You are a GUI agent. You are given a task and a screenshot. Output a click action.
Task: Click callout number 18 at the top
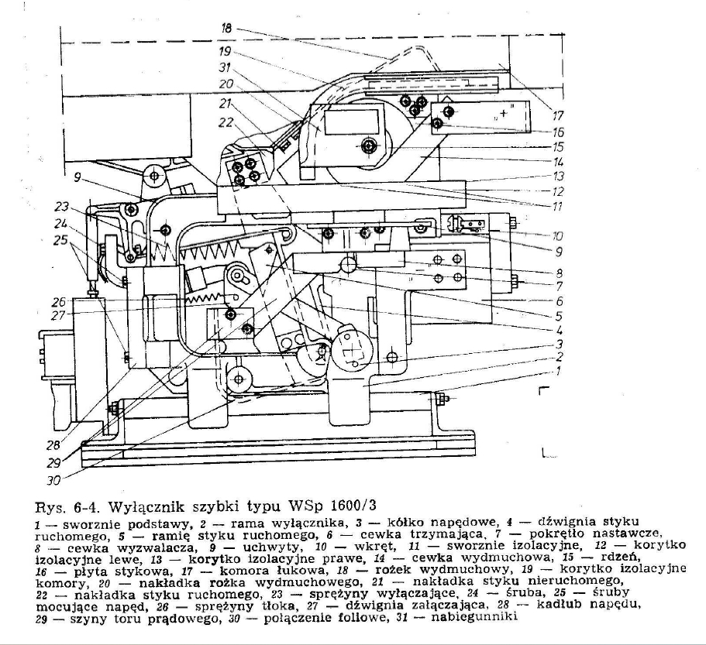[226, 29]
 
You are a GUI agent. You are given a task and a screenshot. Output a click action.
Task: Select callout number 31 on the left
[225, 67]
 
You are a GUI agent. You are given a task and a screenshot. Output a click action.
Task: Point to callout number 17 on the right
[558, 115]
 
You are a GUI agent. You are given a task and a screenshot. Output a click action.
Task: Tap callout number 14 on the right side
[558, 162]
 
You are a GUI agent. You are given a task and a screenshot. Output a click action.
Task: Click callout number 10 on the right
[557, 235]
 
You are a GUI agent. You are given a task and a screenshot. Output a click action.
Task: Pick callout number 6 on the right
[560, 301]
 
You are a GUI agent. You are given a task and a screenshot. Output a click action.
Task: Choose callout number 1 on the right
[559, 371]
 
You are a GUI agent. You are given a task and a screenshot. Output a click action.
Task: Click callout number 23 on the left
[62, 207]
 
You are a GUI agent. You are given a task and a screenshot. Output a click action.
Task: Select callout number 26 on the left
[59, 301]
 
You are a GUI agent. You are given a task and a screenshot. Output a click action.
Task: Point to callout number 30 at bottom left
[53, 480]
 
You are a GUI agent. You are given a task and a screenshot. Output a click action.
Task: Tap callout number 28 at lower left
[53, 445]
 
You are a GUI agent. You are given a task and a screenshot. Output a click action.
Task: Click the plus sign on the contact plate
[504, 112]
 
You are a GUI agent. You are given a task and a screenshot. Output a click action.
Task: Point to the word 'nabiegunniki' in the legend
[474, 616]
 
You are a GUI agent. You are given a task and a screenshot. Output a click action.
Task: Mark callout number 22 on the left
[226, 122]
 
